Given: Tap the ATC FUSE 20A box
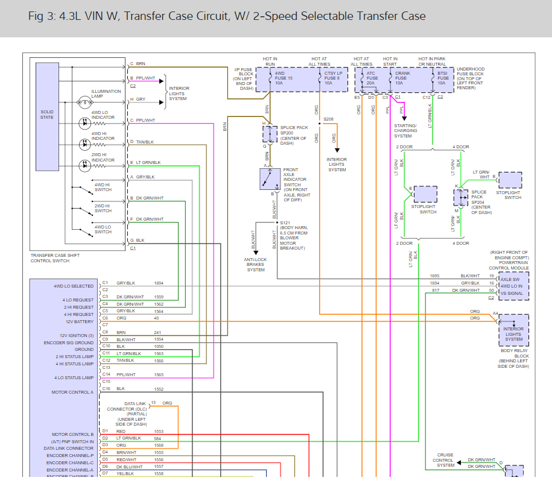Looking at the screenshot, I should click(372, 79).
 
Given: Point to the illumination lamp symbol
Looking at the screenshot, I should click(84, 103).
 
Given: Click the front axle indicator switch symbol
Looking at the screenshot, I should click(269, 179).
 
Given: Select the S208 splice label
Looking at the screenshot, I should click(328, 119).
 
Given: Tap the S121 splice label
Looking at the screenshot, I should click(285, 223).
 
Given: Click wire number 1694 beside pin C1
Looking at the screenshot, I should click(159, 282).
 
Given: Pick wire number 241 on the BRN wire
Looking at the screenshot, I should click(157, 332).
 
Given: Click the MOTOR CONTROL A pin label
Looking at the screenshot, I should click(72, 393).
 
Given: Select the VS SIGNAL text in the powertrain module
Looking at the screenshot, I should click(512, 293).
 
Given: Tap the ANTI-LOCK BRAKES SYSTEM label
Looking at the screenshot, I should click(256, 265).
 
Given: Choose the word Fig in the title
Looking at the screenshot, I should click(36, 16).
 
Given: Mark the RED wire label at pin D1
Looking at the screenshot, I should click(121, 432).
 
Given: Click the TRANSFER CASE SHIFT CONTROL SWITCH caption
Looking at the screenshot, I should click(55, 257).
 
